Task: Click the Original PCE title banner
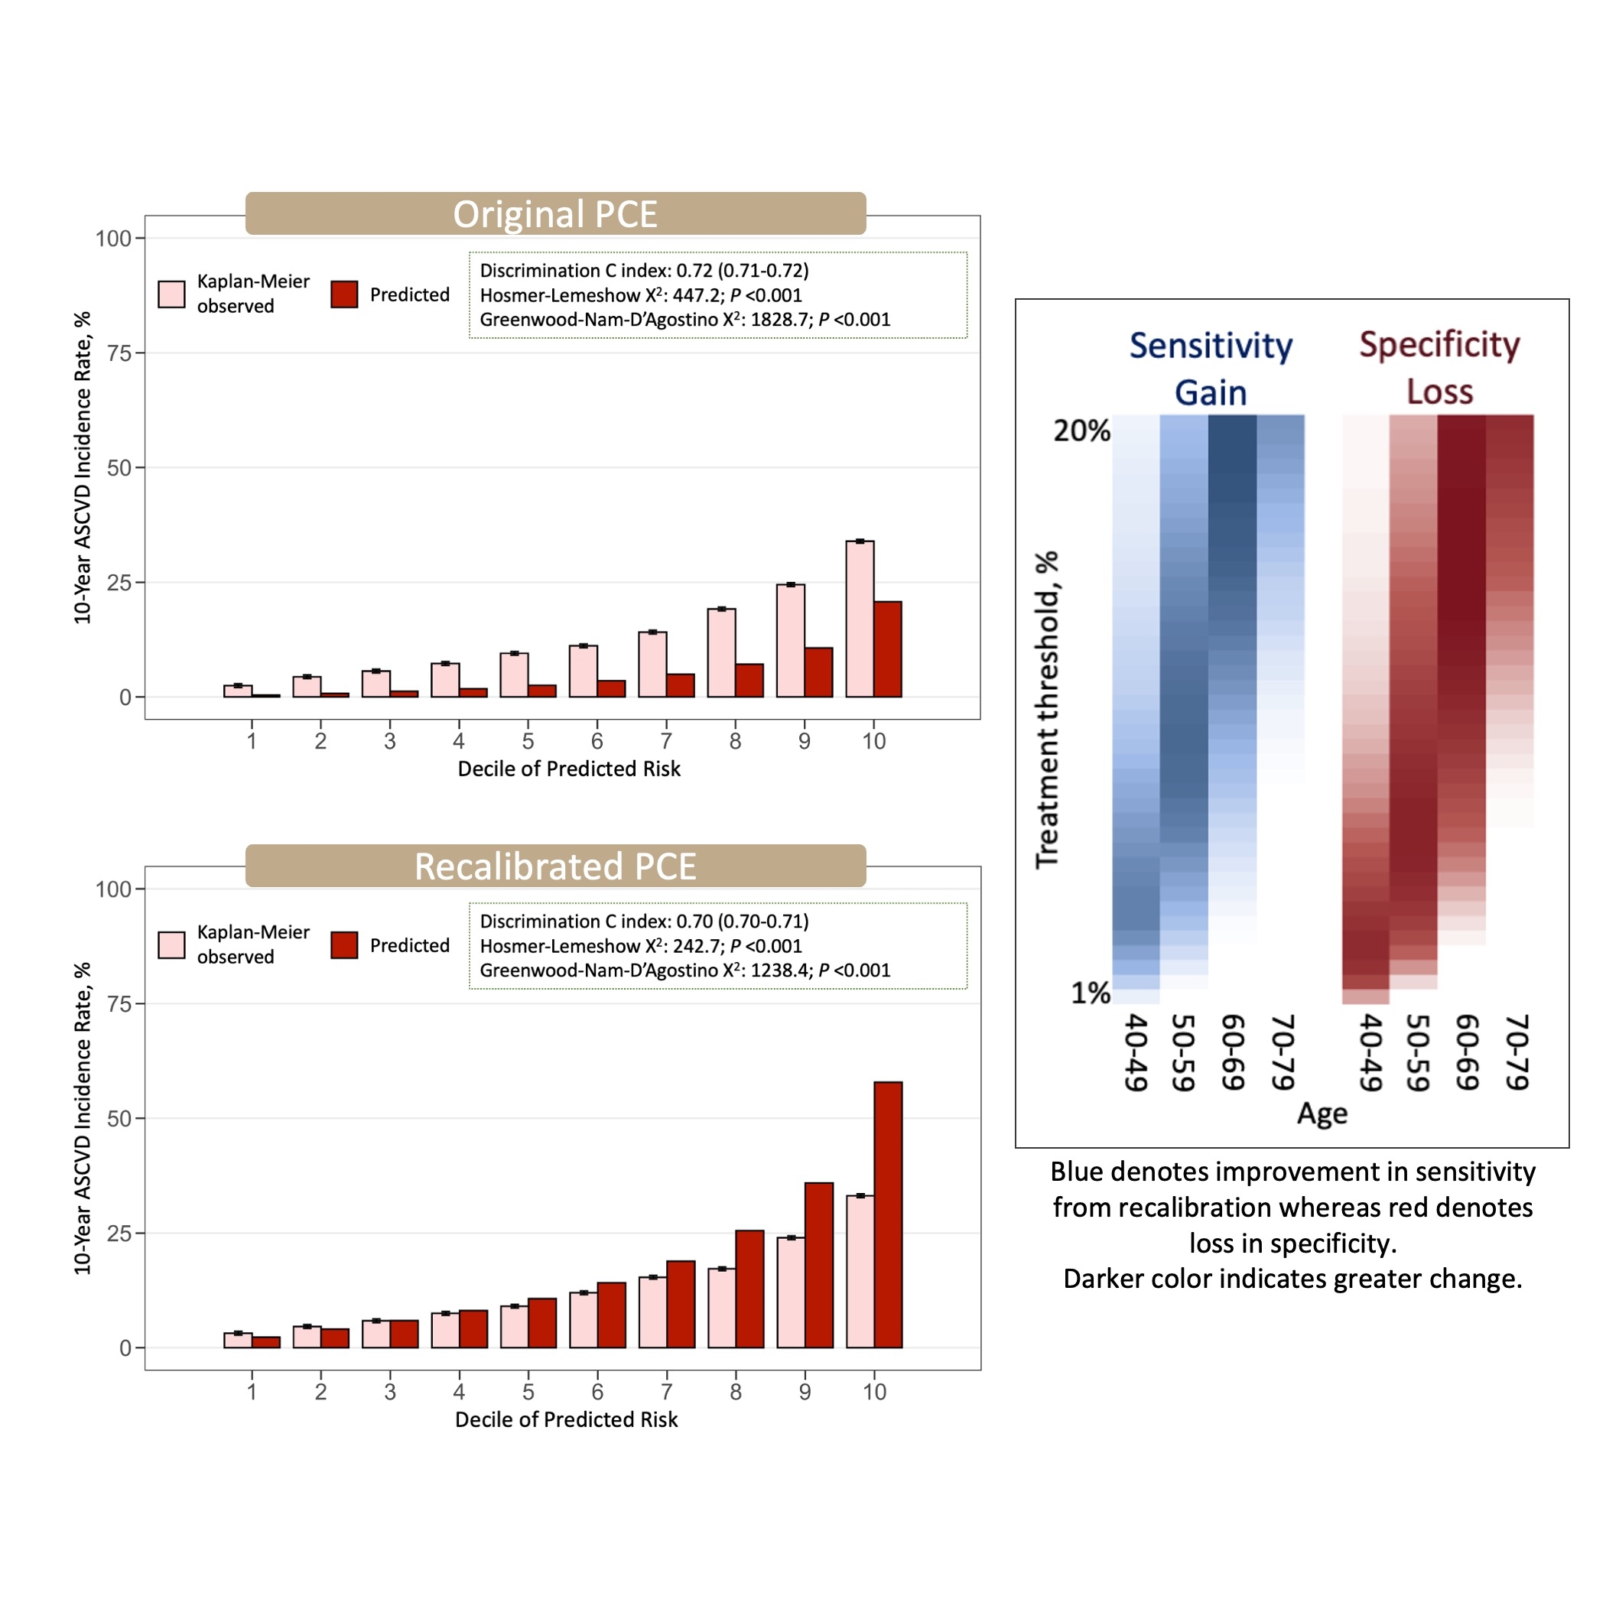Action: coord(555,213)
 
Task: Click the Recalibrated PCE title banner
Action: coord(555,866)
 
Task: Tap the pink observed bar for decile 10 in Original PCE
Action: coord(860,619)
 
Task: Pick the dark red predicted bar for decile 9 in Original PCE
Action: coord(819,671)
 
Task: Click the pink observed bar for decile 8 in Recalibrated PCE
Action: coord(721,1308)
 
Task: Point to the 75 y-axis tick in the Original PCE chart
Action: coord(119,353)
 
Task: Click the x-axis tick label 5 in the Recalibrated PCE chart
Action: coord(528,1392)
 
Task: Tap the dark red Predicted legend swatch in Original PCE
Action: coord(344,294)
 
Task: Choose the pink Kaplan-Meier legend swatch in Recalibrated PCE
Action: coord(171,945)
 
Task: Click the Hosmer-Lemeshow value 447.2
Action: coord(697,295)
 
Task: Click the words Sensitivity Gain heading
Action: coord(1211,369)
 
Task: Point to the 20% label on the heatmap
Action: coord(1081,431)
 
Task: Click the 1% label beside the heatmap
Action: coord(1090,993)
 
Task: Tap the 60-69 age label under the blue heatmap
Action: coord(1233,1052)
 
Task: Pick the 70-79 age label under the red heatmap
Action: coord(1517,1052)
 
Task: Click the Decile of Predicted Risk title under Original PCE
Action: coord(568,769)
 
